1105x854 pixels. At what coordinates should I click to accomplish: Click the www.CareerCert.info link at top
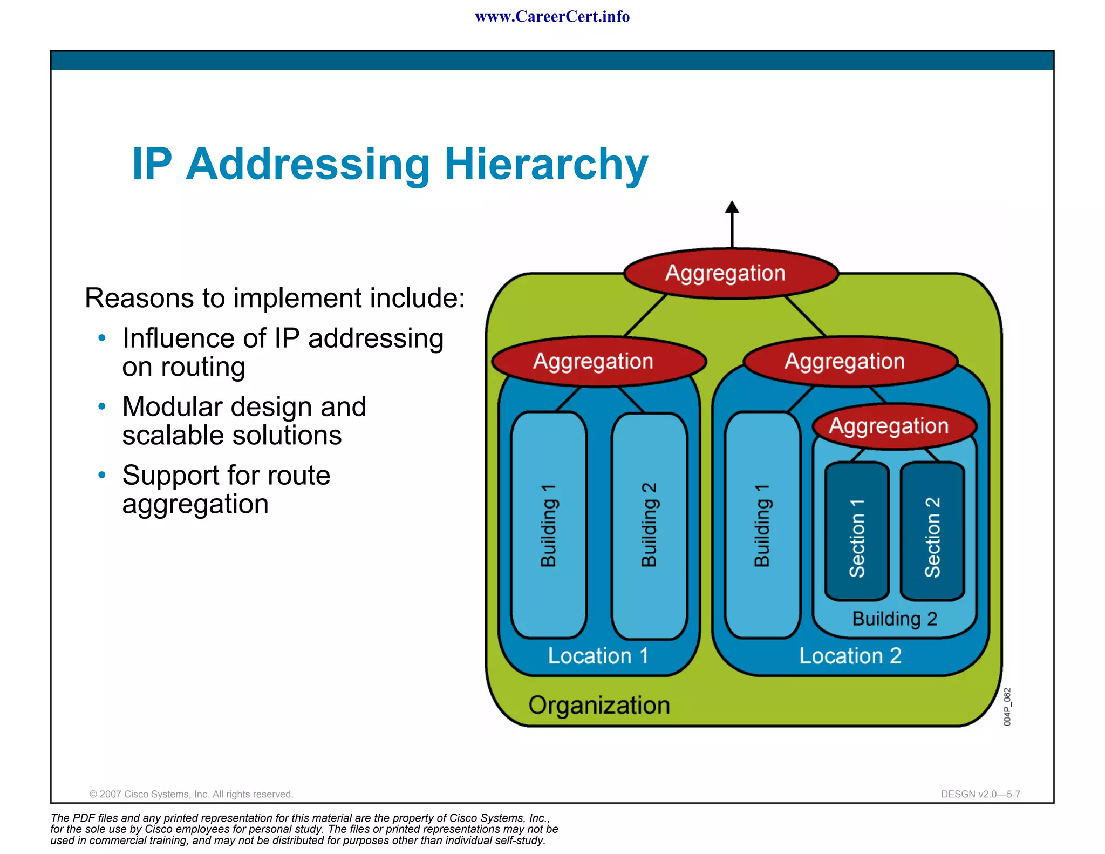[x=552, y=17]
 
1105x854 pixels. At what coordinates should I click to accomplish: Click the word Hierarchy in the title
[x=545, y=164]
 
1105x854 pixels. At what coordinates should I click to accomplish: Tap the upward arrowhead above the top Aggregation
[x=732, y=207]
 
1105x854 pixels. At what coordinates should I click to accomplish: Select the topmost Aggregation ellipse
[x=731, y=273]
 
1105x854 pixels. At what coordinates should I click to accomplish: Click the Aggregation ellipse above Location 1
[x=598, y=361]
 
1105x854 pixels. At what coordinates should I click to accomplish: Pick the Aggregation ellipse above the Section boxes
[x=894, y=426]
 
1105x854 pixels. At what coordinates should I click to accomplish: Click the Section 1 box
[x=857, y=532]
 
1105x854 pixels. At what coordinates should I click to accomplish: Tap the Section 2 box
[x=932, y=532]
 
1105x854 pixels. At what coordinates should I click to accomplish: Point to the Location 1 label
[x=598, y=656]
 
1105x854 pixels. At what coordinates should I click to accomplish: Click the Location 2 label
[x=850, y=656]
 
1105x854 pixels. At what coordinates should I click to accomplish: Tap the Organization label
[x=599, y=705]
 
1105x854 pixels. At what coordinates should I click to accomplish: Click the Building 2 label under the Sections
[x=894, y=619]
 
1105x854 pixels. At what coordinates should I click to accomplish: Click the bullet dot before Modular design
[x=102, y=406]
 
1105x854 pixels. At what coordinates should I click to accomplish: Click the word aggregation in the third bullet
[x=195, y=505]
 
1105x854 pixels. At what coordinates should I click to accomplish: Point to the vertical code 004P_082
[x=1007, y=707]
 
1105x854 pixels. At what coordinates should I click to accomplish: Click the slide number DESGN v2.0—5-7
[x=980, y=794]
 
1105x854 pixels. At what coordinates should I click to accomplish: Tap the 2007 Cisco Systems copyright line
[x=191, y=794]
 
